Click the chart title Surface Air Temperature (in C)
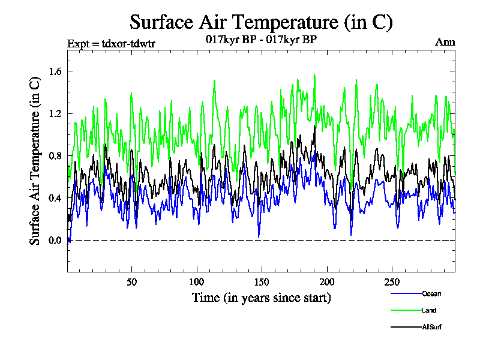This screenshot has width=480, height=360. click(x=261, y=22)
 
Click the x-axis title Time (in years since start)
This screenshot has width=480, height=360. click(x=261, y=297)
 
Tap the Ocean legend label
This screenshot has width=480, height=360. click(x=431, y=293)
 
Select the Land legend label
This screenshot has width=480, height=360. click(x=428, y=310)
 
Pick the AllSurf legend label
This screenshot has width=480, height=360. click(x=432, y=327)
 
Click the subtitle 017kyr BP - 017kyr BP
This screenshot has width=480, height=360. click(x=261, y=40)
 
